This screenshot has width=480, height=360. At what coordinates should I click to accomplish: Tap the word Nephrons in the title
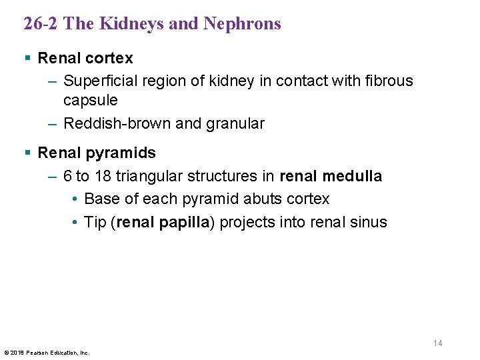[242, 24]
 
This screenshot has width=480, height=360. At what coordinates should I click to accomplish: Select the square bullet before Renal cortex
[27, 59]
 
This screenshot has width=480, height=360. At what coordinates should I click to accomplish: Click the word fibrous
[389, 81]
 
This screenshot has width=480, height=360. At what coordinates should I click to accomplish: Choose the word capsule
[90, 101]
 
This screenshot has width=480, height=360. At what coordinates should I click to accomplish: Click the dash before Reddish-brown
[53, 124]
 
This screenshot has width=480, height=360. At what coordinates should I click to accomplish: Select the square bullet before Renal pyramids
[27, 153]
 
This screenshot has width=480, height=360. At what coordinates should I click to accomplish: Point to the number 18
[102, 177]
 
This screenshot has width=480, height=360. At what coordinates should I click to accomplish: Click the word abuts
[259, 199]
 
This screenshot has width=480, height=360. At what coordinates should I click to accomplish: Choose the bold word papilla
[184, 222]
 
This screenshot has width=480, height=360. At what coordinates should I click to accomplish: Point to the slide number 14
[437, 343]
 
